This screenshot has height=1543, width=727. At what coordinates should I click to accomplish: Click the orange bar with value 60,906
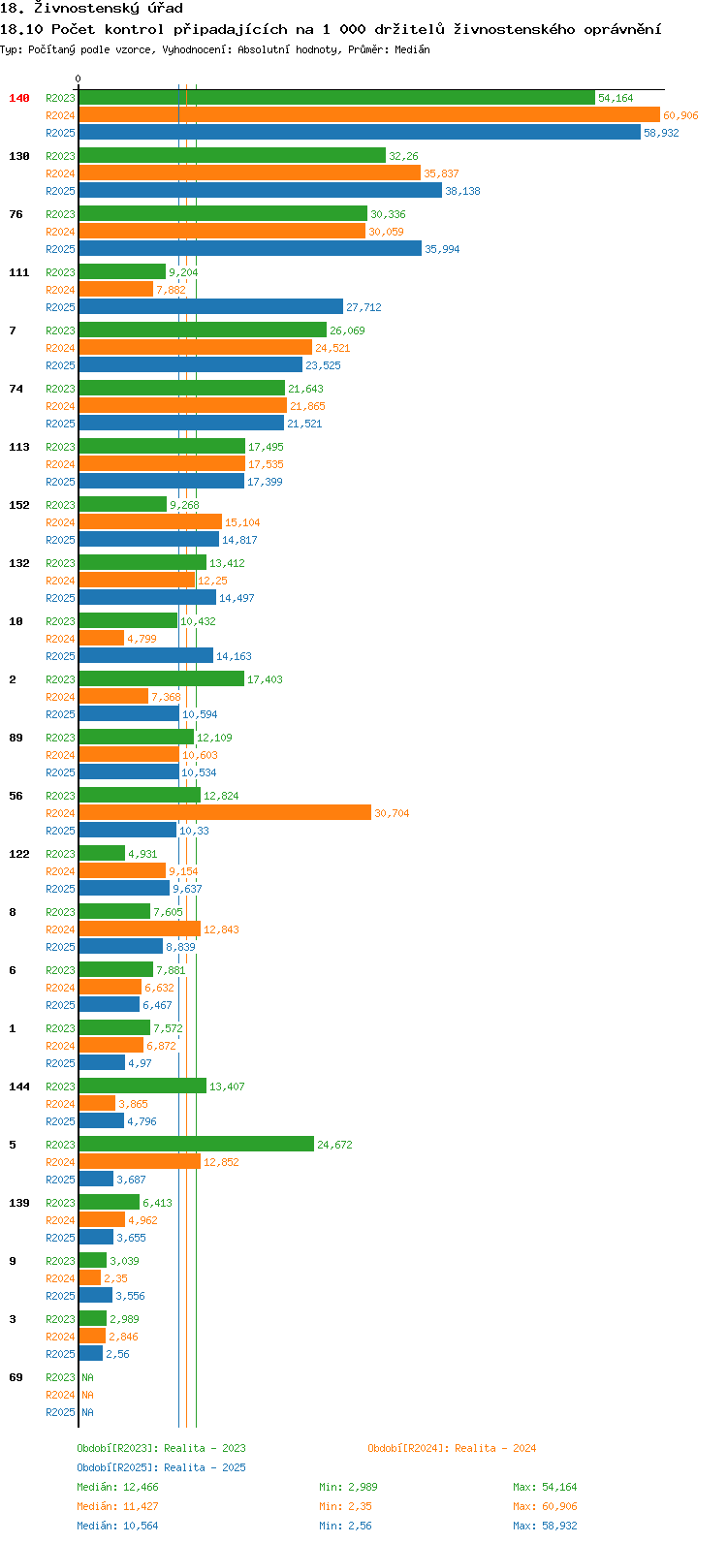pyautogui.click(x=369, y=115)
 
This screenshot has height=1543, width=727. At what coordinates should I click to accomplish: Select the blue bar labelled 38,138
pyautogui.click(x=261, y=191)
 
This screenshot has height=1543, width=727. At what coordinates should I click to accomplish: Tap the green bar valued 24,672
pyautogui.click(x=197, y=1144)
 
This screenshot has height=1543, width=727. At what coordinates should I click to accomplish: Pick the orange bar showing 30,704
pyautogui.click(x=225, y=813)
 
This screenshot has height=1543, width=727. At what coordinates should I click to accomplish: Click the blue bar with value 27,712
pyautogui.click(x=211, y=307)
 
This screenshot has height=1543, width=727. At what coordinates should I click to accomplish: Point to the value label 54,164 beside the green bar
pyautogui.click(x=616, y=98)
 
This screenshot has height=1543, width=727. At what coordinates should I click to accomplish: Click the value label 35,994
pyautogui.click(x=442, y=249)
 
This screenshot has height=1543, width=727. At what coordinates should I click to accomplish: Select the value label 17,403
pyautogui.click(x=265, y=679)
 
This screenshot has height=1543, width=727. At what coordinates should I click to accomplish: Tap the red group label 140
pyautogui.click(x=19, y=98)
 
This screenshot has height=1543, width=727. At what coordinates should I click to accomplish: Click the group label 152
pyautogui.click(x=19, y=505)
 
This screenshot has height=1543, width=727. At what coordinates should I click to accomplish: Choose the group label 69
pyautogui.click(x=16, y=1377)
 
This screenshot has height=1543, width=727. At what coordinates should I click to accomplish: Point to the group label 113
pyautogui.click(x=19, y=447)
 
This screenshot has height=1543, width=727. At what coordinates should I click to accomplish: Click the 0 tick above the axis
pyautogui.click(x=78, y=79)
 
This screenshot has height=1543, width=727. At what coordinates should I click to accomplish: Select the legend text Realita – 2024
pyautogui.click(x=495, y=1448)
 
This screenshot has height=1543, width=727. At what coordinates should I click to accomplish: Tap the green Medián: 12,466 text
pyautogui.click(x=117, y=1487)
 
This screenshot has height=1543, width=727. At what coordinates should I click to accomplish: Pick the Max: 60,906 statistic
pyautogui.click(x=545, y=1506)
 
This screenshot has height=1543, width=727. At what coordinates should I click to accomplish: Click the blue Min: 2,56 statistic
pyautogui.click(x=345, y=1526)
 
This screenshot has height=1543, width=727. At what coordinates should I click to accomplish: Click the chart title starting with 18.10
pyautogui.click(x=331, y=29)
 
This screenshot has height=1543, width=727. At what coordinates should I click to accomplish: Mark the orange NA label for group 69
pyautogui.click(x=87, y=1394)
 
